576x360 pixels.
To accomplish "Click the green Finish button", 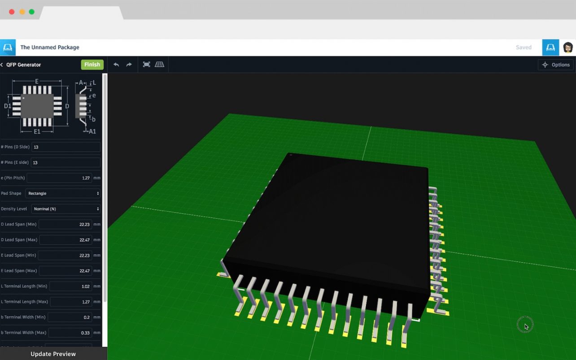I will click(92, 65).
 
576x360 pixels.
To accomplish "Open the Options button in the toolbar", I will click(556, 65).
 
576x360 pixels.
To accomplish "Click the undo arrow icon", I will click(116, 65).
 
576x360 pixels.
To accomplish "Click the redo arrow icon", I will click(129, 65).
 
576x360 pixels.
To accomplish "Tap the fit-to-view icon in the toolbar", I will click(146, 65).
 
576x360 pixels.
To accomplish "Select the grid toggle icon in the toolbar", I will click(159, 65).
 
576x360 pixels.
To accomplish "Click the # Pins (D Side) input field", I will click(65, 147).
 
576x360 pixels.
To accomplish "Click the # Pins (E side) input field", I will click(65, 162).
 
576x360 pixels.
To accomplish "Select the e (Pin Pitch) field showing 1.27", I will click(59, 178).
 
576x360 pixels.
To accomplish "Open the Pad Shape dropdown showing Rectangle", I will click(62, 193).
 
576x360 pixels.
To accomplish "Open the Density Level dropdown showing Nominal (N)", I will click(65, 209).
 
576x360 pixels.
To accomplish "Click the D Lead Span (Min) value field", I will click(65, 224).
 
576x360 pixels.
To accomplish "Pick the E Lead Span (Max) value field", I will click(65, 271).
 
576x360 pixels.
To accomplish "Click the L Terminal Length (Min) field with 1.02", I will click(70, 286).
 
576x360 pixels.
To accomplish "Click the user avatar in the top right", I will click(568, 48).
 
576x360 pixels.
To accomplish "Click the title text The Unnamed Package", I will click(50, 48).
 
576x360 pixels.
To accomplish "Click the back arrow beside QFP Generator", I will click(2, 65).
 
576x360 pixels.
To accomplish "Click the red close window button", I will click(12, 12).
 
